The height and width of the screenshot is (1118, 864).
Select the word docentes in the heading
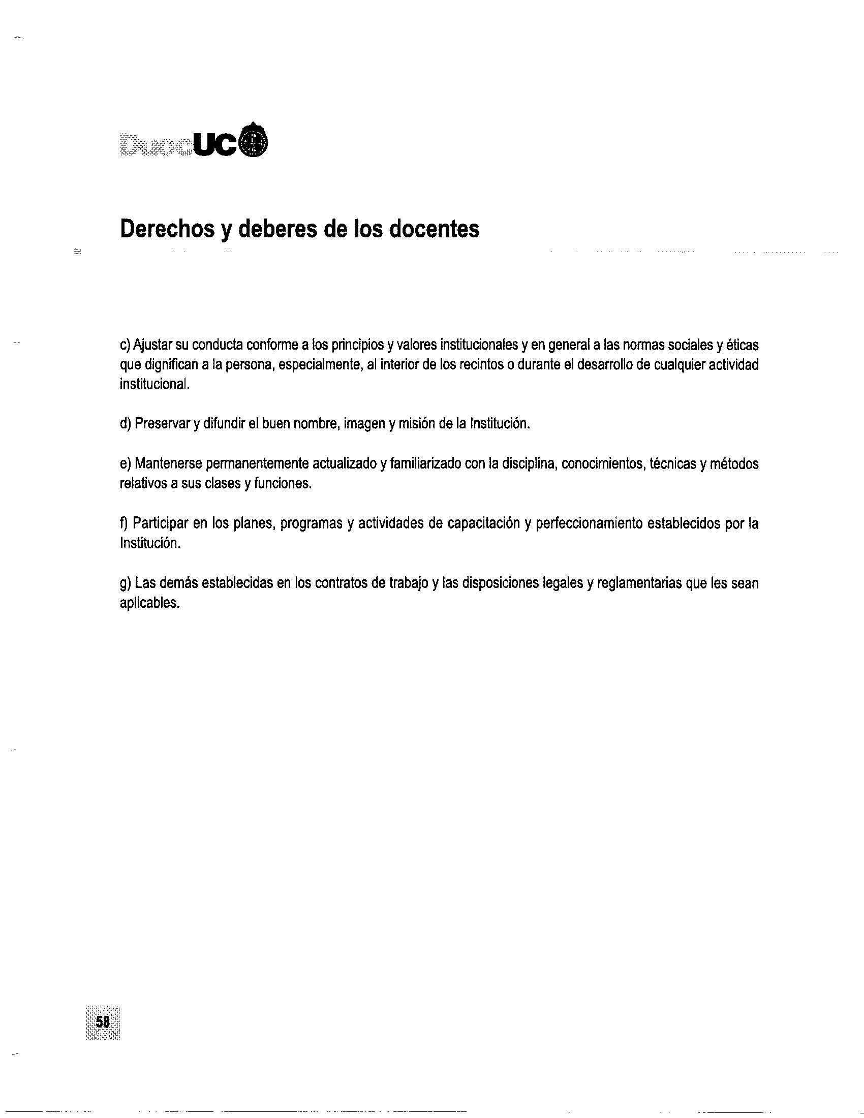[435, 230]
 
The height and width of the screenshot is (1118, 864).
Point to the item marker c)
[126, 346]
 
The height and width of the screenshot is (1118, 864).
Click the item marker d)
[126, 424]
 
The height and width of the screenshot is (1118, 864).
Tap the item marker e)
[126, 464]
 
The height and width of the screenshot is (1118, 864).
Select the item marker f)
[124, 523]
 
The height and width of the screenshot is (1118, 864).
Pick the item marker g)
[126, 583]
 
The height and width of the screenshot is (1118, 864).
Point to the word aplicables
[149, 604]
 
